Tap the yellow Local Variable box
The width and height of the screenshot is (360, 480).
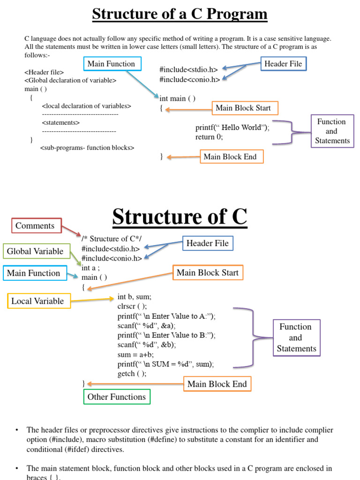[38, 301]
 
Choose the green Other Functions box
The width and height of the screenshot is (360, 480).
[117, 397]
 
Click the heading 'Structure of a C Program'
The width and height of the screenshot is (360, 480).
[180, 14]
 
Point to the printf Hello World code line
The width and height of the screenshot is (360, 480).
[232, 127]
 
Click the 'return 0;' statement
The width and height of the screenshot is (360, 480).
[209, 137]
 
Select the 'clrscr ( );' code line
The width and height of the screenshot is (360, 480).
[132, 306]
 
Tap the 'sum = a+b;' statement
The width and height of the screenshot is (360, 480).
[135, 354]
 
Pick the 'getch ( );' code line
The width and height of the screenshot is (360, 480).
[132, 374]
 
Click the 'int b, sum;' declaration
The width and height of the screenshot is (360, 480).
[134, 297]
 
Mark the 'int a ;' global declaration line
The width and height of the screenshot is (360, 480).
[91, 268]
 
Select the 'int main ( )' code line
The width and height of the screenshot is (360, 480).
[177, 98]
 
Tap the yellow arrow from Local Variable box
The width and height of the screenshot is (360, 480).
[92, 300]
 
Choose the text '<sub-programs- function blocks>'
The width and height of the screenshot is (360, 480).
[87, 148]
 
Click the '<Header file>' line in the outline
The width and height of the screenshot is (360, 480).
[44, 72]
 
